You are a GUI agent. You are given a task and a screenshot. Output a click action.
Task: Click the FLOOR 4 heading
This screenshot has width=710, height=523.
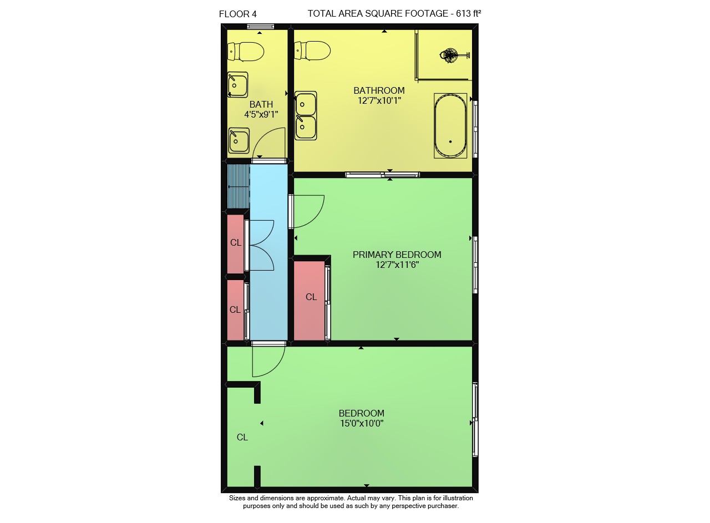[238, 14]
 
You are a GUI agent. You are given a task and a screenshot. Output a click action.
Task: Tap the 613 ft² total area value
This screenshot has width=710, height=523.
[468, 13]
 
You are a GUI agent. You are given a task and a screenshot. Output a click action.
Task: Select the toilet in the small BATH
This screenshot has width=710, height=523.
[246, 52]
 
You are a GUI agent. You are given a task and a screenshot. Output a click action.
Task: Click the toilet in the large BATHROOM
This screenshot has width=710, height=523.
[312, 50]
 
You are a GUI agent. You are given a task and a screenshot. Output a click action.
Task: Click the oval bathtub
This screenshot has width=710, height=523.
[450, 125]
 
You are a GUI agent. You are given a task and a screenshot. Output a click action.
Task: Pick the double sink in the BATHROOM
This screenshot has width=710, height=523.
[306, 116]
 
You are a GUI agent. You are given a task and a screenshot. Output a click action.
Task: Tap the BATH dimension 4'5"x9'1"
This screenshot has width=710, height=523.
[261, 114]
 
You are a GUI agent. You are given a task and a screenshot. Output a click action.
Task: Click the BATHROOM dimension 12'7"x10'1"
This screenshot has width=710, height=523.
[379, 100]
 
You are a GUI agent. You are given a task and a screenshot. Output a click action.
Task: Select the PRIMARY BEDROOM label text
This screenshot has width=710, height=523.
[397, 255]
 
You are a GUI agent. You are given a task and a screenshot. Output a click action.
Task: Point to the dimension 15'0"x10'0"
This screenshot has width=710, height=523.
[362, 423]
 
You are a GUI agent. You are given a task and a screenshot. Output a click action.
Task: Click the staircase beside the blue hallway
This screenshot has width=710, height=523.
[239, 186]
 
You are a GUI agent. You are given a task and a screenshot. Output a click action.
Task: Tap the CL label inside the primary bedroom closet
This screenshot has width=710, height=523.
[311, 297]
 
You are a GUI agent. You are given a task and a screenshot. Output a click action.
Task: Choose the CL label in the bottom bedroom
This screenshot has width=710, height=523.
[242, 438]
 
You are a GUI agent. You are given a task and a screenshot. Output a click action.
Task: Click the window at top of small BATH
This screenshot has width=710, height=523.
[261, 26]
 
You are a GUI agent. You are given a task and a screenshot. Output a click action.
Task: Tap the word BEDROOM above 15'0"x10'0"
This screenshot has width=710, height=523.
[362, 413]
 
